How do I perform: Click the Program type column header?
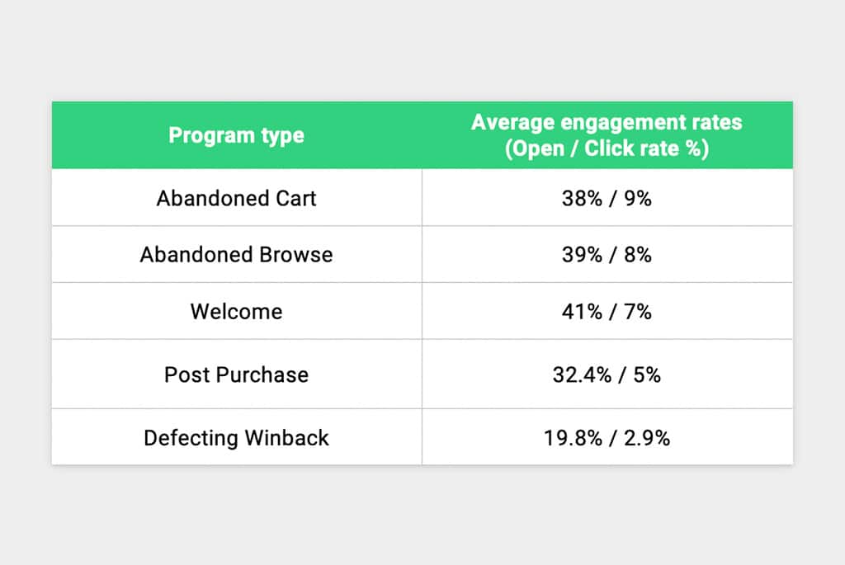[x=236, y=135]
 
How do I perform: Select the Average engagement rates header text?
[x=607, y=122]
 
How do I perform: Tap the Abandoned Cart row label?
[x=236, y=198]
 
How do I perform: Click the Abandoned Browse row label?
[x=236, y=254]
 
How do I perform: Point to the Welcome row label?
[x=236, y=311]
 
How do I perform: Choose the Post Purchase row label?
[x=236, y=374]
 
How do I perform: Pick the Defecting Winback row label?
[x=236, y=437]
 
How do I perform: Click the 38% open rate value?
[x=582, y=198]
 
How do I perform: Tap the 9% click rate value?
[x=638, y=198]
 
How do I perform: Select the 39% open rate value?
[x=582, y=254]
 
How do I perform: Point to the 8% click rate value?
[x=638, y=254]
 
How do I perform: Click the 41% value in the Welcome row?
[x=582, y=311]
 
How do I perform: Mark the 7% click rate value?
[x=638, y=311]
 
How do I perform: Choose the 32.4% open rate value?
[x=582, y=374]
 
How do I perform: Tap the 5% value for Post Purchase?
[x=647, y=374]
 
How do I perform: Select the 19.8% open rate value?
[x=573, y=438]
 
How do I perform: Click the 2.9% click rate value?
[x=647, y=438]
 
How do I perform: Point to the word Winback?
[x=286, y=437]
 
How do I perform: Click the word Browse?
[x=296, y=254]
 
